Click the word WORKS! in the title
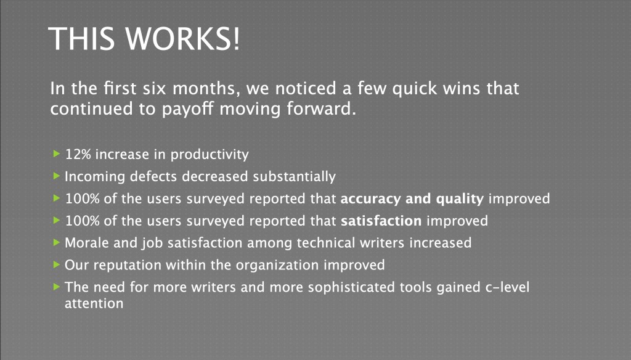coord(182,38)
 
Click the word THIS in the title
coord(81,38)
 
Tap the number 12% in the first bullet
coord(78,154)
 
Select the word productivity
coord(210,155)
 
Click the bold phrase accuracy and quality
coord(412,199)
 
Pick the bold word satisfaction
coord(381,221)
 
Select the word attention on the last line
coord(94,304)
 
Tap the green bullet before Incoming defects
coord(56,176)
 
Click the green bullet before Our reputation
coord(56,264)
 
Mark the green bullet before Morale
coord(56,242)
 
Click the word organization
coord(277,265)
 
